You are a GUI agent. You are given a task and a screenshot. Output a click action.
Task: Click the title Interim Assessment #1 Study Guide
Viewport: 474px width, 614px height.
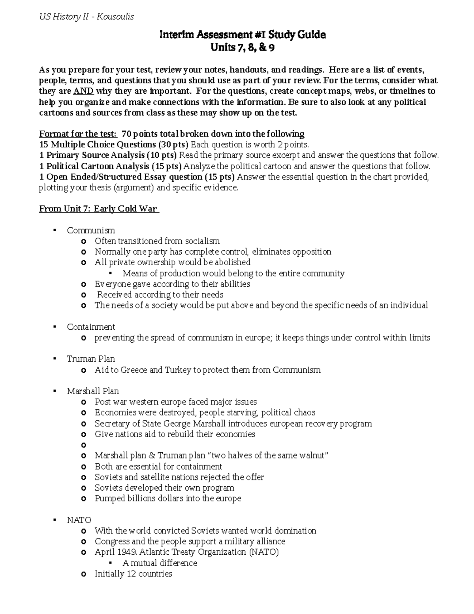243,35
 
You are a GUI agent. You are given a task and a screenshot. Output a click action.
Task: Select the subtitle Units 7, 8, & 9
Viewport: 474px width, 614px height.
243,48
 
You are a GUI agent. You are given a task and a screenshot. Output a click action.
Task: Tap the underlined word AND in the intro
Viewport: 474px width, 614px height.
83,91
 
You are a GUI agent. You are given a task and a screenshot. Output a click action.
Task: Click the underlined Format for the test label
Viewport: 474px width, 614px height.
78,134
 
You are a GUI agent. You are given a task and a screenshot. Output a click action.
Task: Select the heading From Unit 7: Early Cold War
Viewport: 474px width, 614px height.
98,209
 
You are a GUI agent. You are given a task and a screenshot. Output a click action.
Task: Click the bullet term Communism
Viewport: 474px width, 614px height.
91,230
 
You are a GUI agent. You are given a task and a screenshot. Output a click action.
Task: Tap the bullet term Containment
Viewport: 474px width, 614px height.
91,327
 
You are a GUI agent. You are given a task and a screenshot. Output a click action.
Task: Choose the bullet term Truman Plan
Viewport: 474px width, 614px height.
91,359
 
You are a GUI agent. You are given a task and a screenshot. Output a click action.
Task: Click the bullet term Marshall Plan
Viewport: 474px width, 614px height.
93,391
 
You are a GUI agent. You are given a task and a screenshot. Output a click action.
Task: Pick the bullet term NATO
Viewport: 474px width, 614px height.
79,520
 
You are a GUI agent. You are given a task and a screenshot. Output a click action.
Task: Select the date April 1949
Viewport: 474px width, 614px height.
115,552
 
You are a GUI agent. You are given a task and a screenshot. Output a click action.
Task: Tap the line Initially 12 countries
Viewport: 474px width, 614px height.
133,574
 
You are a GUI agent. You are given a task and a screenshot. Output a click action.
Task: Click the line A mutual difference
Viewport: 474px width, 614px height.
160,563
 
